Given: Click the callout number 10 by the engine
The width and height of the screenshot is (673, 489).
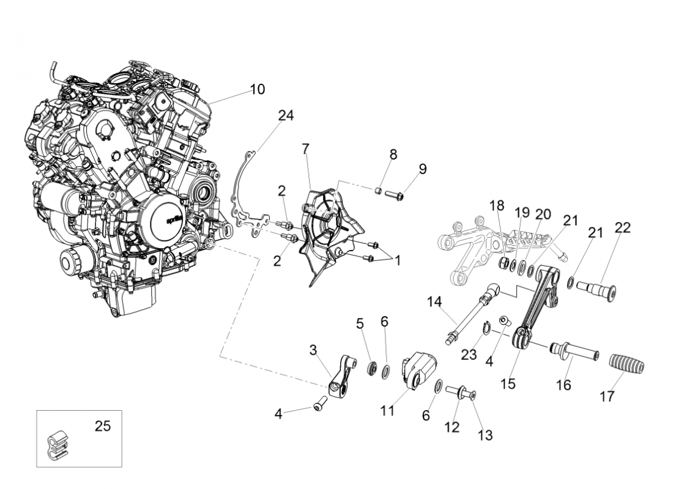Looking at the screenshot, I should (x=258, y=90).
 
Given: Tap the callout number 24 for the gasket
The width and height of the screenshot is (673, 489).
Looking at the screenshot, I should (x=286, y=116).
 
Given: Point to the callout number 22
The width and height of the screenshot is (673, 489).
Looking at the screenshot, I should (x=622, y=227).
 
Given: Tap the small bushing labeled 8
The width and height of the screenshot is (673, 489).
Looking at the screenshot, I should (x=379, y=192).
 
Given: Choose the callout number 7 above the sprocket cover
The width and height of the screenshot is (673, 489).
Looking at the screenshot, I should (x=305, y=149).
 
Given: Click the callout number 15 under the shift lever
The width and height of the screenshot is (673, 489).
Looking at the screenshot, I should (x=508, y=384).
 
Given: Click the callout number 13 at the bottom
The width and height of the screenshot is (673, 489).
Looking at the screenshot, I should (x=486, y=435).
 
